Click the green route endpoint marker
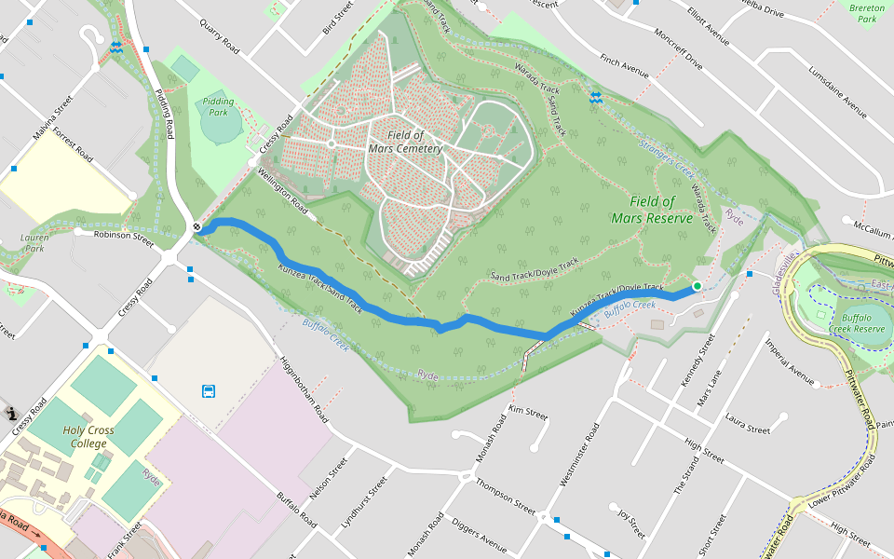697,286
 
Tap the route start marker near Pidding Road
197,226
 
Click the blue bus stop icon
210,391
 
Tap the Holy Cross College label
88,437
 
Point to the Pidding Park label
217,106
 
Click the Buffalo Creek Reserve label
857,322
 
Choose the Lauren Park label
34,243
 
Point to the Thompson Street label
506,498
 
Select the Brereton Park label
867,12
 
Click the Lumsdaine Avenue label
837,93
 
